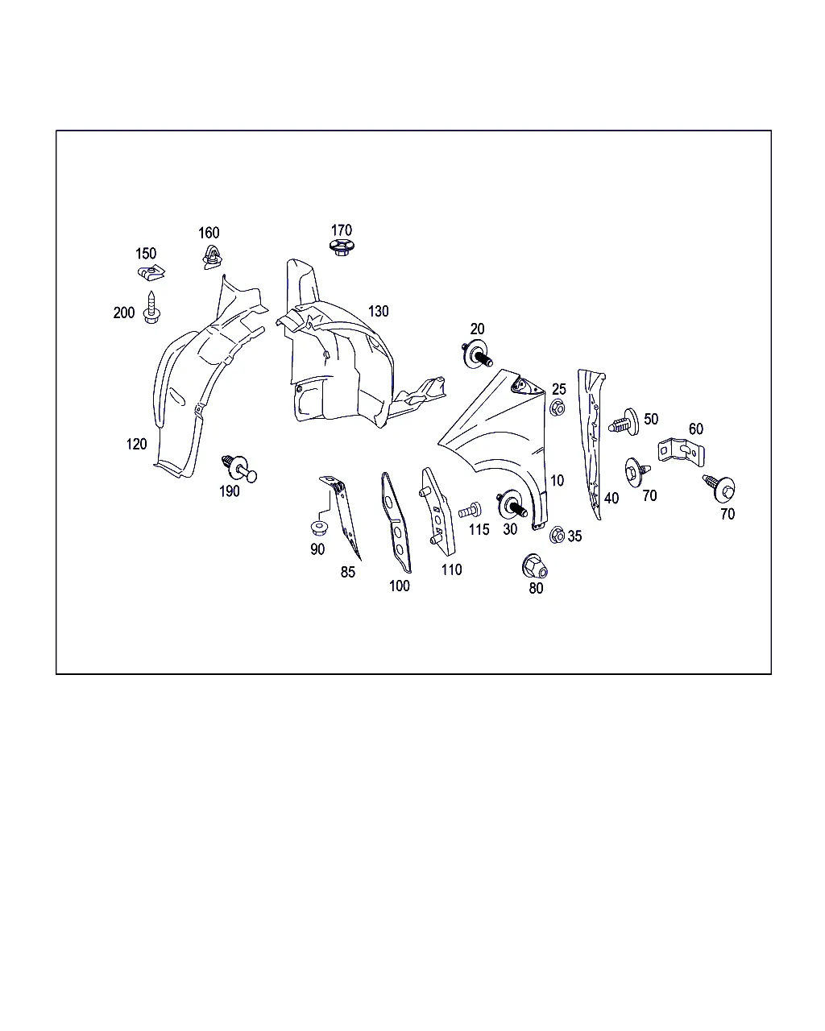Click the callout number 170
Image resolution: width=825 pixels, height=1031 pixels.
point(342,230)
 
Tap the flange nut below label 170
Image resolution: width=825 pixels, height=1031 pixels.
point(342,248)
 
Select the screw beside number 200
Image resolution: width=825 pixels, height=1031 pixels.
point(151,308)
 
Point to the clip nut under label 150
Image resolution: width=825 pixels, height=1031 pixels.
point(151,272)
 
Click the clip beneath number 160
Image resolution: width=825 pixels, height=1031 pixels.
point(212,257)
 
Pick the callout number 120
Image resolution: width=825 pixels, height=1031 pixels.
point(136,444)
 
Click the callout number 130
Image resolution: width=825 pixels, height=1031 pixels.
point(378,312)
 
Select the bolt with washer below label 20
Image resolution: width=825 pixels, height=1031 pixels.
point(476,354)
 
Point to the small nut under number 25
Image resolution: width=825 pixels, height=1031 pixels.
point(557,408)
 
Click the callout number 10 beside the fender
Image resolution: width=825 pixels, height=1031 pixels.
point(557,481)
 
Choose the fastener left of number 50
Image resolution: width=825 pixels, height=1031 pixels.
point(624,422)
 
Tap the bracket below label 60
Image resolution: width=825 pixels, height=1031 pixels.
point(681,452)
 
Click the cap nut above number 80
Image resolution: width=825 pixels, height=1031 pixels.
point(534,566)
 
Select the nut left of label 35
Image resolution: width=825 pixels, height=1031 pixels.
point(557,535)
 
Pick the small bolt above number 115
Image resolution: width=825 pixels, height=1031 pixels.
point(470,511)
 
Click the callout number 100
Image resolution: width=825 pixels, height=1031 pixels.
point(400,586)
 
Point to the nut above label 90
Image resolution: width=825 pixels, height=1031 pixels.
point(318,528)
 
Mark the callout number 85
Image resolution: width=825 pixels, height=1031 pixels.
point(348,572)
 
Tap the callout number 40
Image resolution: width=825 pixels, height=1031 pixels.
point(611,499)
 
